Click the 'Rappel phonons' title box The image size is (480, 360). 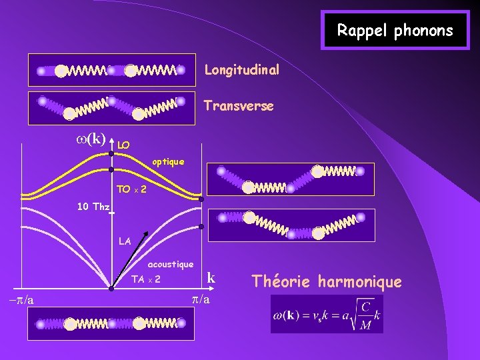tap(395, 30)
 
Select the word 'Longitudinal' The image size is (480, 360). tap(241, 70)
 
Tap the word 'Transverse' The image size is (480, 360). tap(239, 106)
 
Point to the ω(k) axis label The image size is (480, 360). tap(89, 138)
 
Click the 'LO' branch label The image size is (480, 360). tap(123, 145)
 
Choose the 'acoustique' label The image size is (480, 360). tap(171, 265)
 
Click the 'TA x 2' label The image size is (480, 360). tap(145, 279)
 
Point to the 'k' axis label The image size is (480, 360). tap(211, 277)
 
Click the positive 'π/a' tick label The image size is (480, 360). tap(200, 299)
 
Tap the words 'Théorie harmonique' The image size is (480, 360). tap(327, 282)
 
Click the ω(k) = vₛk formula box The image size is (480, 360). tap(327, 313)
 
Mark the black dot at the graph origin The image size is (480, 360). tap(112, 288)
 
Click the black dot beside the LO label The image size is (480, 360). tap(112, 153)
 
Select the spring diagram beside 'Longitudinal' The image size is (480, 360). tap(111, 70)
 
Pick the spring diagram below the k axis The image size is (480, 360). tap(111, 324)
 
